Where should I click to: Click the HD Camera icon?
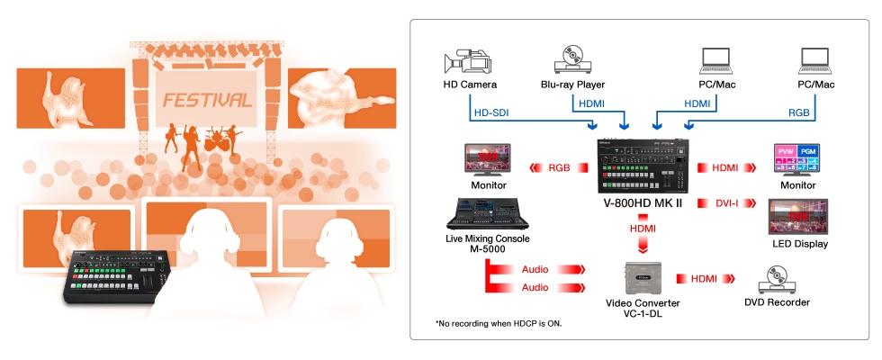467,61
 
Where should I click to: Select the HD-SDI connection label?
491,112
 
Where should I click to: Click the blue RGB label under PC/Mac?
799,112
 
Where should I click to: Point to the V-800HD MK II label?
643,203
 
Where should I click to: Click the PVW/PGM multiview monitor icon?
797,161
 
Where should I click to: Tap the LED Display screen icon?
797,217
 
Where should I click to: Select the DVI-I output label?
727,203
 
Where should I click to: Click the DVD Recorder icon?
776,280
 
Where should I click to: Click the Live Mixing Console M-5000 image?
487,213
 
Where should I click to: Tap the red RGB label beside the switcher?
559,167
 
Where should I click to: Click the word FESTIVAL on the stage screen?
206,100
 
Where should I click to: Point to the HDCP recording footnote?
499,323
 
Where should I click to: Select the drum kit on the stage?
217,139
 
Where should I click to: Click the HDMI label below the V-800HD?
643,229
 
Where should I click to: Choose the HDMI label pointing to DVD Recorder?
704,278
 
